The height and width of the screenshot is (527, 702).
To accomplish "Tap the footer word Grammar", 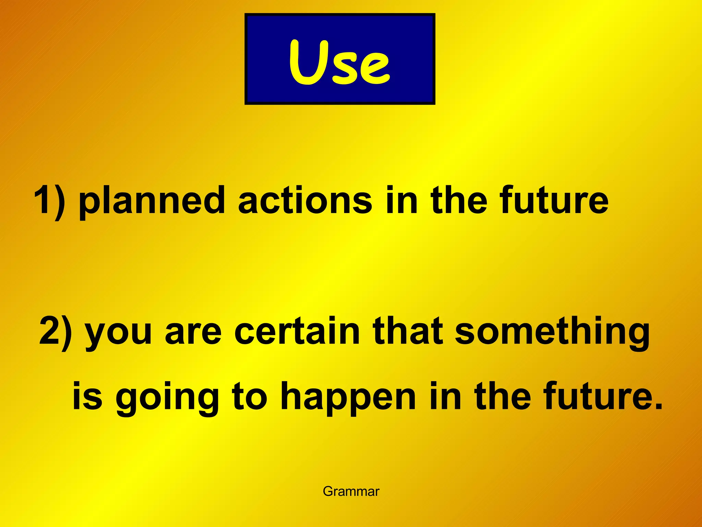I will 351,491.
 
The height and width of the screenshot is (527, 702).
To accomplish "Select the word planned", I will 152,202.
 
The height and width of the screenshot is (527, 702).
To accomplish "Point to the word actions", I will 305,200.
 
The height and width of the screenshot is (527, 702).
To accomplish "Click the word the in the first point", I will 459,200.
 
